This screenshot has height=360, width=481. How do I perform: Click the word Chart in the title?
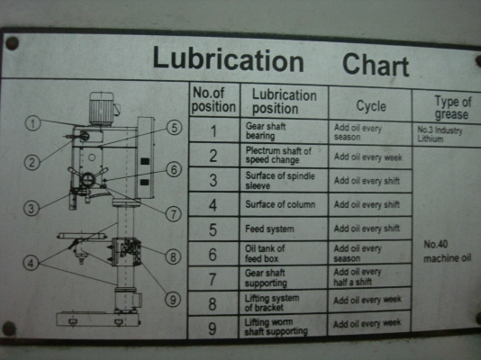(x=376, y=65)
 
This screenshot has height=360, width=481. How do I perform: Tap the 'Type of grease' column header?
(x=447, y=107)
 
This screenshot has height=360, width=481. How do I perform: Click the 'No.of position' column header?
(x=213, y=101)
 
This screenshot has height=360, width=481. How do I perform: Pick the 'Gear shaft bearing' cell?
(x=267, y=131)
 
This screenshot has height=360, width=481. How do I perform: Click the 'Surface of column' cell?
(x=280, y=204)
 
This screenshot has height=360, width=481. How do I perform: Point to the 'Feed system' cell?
(x=269, y=229)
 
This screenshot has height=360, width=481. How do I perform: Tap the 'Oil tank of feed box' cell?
(x=267, y=253)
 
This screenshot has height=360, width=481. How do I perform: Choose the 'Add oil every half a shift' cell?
(x=358, y=276)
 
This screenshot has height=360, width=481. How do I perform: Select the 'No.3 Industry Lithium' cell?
(x=444, y=134)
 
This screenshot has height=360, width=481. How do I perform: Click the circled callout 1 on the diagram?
(x=32, y=123)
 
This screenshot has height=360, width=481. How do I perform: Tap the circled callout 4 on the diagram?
(x=32, y=264)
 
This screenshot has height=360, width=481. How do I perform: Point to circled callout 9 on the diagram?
(x=172, y=299)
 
